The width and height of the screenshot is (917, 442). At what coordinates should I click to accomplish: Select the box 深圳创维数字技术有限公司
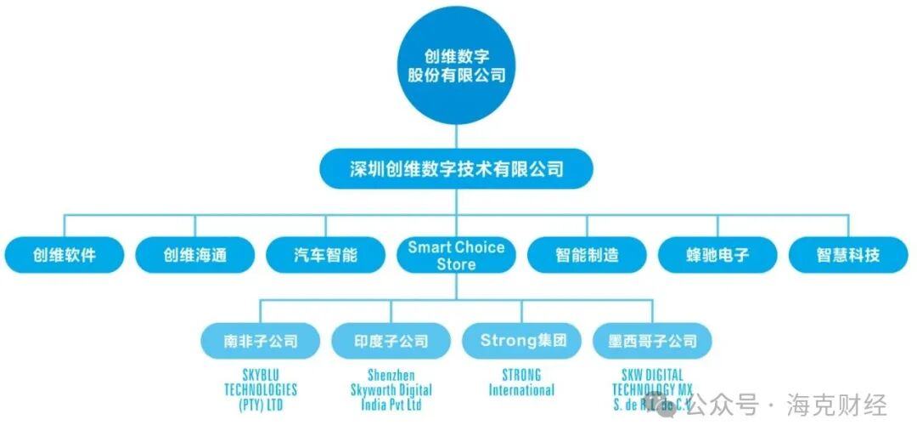tap(456, 169)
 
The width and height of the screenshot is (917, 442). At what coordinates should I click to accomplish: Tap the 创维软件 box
tap(65, 255)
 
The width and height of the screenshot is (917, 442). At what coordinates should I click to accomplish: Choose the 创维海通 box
tap(195, 255)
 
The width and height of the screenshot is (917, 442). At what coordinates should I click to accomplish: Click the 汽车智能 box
tap(325, 255)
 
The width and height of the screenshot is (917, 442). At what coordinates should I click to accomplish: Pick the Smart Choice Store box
tap(456, 255)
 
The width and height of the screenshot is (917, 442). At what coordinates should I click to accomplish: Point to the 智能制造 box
tap(587, 255)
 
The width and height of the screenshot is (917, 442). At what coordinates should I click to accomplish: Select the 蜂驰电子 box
tap(717, 255)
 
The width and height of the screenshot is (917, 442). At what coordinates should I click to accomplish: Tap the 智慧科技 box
tap(848, 255)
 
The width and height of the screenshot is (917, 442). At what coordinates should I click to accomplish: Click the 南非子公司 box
tap(261, 341)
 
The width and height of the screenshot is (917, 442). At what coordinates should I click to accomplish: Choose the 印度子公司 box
tap(391, 341)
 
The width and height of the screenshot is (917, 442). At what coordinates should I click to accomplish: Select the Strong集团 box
tap(522, 341)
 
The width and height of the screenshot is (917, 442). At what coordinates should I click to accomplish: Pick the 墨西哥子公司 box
tap(652, 341)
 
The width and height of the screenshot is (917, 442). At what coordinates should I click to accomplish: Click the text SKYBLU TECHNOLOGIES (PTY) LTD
tap(261, 389)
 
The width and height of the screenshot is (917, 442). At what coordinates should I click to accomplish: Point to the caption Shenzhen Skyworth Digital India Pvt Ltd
tap(391, 389)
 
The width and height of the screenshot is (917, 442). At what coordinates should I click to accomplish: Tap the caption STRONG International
tap(522, 382)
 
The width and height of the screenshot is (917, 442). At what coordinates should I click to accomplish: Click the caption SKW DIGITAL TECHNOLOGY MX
tap(652, 382)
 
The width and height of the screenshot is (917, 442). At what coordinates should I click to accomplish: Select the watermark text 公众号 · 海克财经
tap(785, 405)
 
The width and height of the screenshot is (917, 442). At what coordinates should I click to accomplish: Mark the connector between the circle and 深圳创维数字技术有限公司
tap(457, 137)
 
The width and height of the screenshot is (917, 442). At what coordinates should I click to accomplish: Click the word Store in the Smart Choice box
tap(456, 264)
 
